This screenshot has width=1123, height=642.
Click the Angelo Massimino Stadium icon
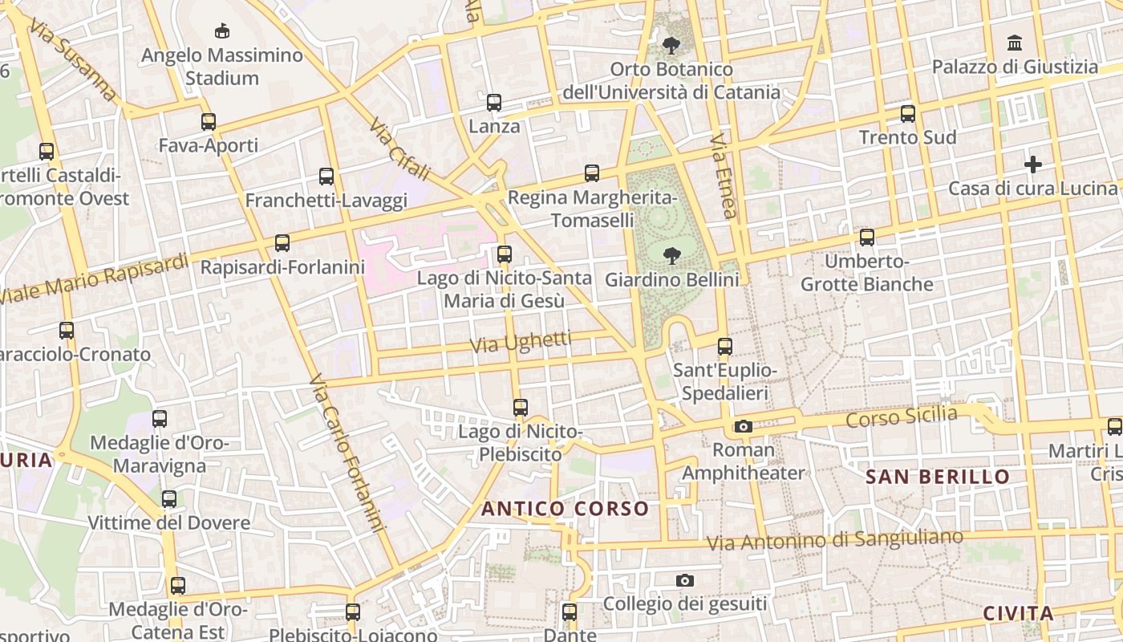click(222, 31)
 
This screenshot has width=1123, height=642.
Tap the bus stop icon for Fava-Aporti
click(209, 122)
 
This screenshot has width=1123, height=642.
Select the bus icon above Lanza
click(494, 103)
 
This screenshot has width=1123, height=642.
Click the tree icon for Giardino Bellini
click(671, 256)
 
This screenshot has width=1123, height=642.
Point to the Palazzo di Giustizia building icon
click(1015, 43)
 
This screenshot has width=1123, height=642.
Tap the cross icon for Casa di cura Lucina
click(1033, 165)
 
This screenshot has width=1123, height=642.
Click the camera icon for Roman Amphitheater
click(744, 426)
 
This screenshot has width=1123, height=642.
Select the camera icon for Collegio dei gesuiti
click(685, 580)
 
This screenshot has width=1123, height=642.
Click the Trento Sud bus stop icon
click(908, 114)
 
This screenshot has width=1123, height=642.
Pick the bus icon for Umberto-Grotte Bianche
click(867, 238)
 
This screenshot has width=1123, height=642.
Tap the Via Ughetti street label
click(521, 343)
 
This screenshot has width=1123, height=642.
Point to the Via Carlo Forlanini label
click(346, 453)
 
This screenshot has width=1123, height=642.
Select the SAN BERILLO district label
click(937, 477)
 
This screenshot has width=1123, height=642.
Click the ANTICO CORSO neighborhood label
click(565, 509)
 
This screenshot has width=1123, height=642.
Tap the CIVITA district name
click(1018, 614)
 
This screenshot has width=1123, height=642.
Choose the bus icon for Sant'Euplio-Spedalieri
click(725, 347)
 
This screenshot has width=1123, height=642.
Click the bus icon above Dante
click(570, 612)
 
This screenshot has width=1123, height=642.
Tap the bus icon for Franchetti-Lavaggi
click(326, 177)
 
